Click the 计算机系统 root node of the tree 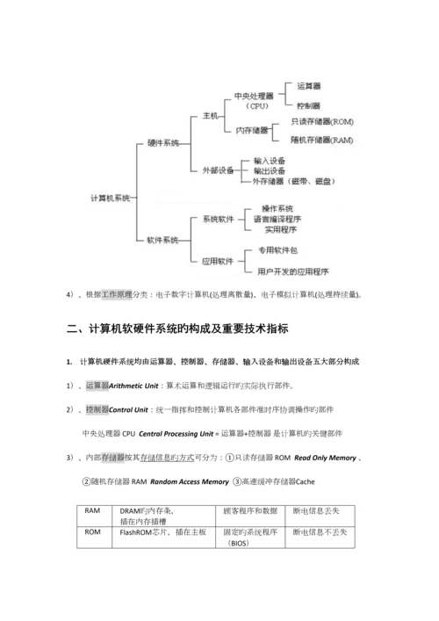pos(110,199)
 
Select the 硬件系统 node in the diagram pos(163,142)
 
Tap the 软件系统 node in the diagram pos(163,239)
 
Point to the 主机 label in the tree pos(210,115)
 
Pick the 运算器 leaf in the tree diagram pos(309,86)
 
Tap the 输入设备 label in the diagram pos(270,162)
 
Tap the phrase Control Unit pos(130,409)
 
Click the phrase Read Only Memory pos(325,458)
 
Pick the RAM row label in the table pos(92,510)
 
